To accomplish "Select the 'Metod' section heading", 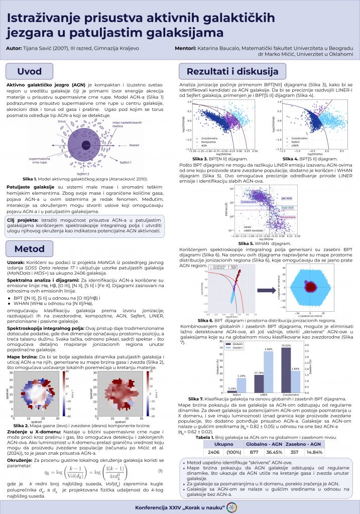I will click(30, 248).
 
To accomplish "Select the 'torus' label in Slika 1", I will click(62, 121).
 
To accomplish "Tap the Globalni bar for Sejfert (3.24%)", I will click(231, 391).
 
